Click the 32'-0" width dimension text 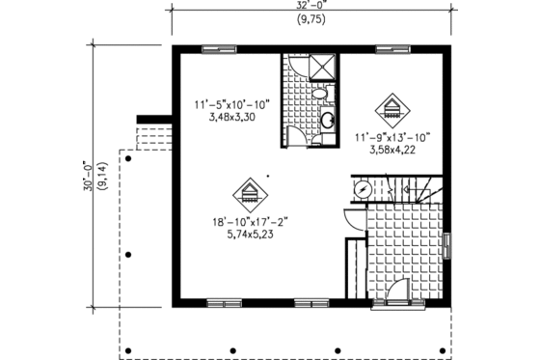tap(310, 6)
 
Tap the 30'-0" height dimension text tap(88, 180)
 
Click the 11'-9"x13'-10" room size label tap(391, 136)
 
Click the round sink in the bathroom tap(327, 122)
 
